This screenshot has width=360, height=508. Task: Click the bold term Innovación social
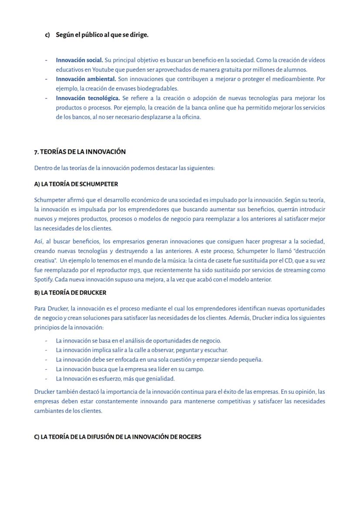point(79,60)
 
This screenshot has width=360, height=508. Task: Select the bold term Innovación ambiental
point(86,79)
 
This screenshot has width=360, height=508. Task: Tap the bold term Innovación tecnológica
point(88,98)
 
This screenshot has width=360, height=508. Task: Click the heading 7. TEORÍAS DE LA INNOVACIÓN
point(80,152)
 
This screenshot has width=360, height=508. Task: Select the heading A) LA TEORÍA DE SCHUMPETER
point(76,184)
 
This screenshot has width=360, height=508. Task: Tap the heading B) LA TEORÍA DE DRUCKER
point(70,292)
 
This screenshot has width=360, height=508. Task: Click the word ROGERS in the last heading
point(190,437)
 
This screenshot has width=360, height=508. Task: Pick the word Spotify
point(43,279)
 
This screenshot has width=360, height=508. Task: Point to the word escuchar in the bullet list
point(217,350)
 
